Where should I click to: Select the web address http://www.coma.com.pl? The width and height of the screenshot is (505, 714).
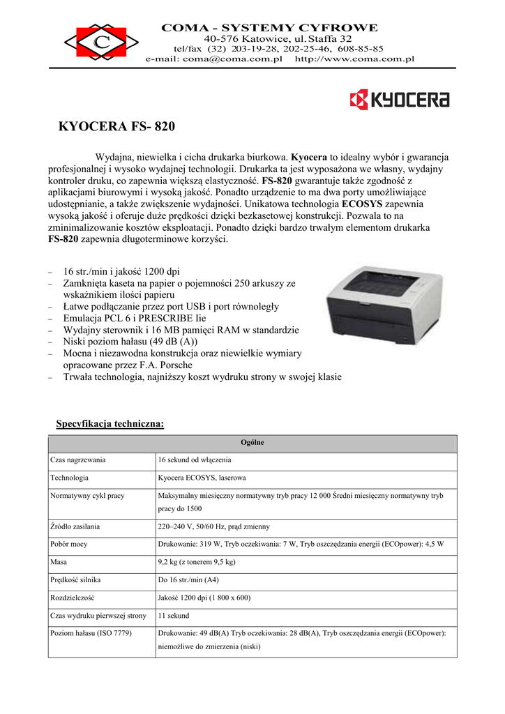355,59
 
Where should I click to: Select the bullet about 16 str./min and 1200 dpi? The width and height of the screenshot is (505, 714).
121,271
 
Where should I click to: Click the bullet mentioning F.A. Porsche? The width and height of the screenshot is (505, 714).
128,365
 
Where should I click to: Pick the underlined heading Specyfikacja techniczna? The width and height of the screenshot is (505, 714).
110,423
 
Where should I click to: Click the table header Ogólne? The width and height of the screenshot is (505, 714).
252,443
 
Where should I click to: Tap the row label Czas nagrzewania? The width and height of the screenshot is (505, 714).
77,460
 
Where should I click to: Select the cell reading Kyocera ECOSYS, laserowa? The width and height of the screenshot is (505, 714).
202,478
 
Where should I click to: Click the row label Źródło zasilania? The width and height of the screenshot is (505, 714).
75,526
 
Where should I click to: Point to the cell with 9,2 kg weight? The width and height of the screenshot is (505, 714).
197,561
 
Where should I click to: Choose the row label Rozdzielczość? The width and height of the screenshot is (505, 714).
73,597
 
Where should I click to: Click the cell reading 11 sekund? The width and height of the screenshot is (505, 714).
174,615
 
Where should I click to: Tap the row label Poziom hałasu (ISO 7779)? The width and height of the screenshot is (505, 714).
91,633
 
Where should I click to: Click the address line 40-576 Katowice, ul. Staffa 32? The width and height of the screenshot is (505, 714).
278,38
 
